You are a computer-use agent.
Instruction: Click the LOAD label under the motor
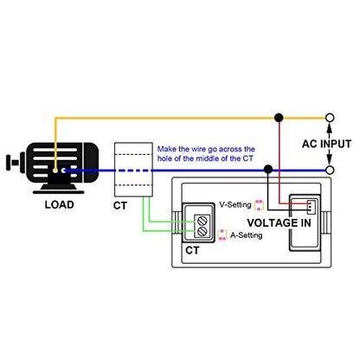pos(60,204)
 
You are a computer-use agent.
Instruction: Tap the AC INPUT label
pos(326,144)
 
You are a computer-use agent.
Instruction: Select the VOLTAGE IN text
pos(279,222)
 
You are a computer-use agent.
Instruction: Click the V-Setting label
pos(235,204)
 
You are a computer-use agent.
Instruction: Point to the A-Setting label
pos(247,235)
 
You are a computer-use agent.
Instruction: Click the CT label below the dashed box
pos(120,206)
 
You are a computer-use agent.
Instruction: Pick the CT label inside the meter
pos(192,250)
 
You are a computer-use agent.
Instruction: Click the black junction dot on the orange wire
pos(279,118)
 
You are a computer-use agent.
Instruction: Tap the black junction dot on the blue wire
pos(268,170)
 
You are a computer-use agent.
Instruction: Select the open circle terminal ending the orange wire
pos(330,118)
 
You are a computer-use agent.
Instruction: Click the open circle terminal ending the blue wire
pos(330,170)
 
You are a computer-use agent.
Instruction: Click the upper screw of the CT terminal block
pos(202,222)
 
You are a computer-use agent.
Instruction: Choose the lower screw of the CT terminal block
pos(202,231)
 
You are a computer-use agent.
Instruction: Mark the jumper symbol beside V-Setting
pos(259,205)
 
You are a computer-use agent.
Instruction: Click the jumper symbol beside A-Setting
pos(222,235)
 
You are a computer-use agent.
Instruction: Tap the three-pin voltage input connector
pos(311,207)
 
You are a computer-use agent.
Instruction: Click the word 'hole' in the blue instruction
pos(164,158)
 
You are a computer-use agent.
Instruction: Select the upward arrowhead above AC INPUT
pos(330,126)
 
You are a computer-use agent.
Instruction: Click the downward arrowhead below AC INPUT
pos(330,161)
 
